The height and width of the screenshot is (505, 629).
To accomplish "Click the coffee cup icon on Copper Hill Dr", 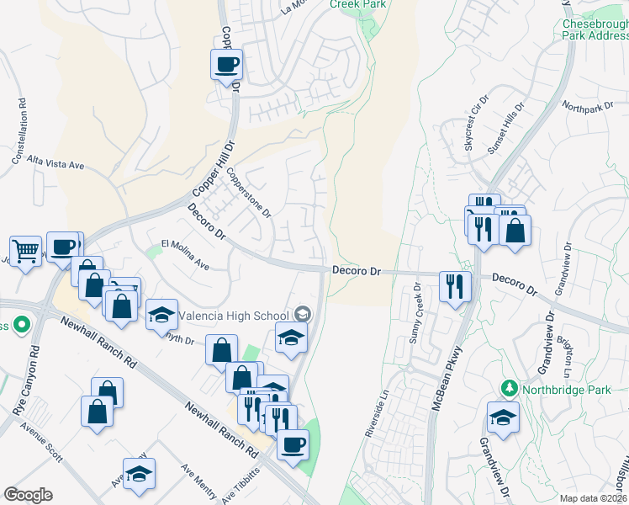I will [x=226, y=65].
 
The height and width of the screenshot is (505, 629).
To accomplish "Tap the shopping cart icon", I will [x=25, y=250].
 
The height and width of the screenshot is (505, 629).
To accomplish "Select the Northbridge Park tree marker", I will [x=509, y=389].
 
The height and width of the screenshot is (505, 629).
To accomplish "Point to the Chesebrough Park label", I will [x=595, y=31].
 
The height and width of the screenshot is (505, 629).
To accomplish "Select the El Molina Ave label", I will [x=180, y=252].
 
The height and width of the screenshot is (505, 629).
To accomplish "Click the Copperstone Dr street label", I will [x=250, y=193].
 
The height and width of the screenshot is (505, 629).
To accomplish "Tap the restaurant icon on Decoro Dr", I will [x=455, y=286].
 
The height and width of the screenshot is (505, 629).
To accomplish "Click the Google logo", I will [x=28, y=495].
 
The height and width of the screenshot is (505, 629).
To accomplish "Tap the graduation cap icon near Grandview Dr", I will [x=503, y=417].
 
